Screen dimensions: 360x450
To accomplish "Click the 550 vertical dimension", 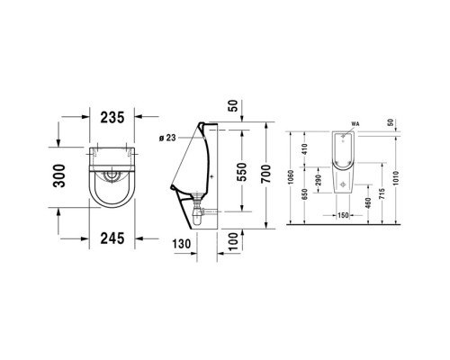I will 241,173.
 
